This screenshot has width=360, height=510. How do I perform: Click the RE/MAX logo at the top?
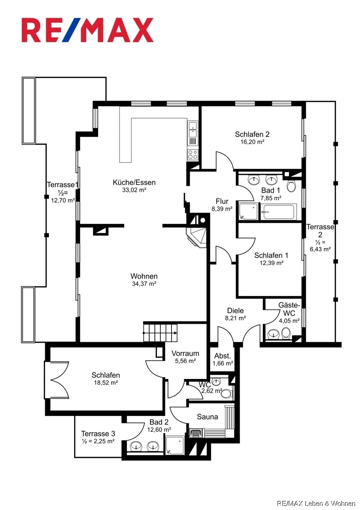coord(87,30)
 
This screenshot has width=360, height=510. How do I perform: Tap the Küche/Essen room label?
coord(134,183)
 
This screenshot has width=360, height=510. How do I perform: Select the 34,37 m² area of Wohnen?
coord(144,284)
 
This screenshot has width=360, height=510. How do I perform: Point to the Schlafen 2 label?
coord(252,134)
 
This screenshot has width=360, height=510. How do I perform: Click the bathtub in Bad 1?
coord(279,211)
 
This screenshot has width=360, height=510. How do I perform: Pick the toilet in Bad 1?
coord(291,186)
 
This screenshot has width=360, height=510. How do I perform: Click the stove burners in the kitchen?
coord(193,154)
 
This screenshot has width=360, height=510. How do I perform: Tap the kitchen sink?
coord(193,129)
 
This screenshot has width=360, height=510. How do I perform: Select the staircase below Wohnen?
coord(160,332)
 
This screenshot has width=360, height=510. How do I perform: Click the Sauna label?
coord(207,417)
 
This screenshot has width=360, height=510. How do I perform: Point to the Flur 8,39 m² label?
coord(222,205)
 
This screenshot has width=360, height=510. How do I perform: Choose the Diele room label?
coord(235,311)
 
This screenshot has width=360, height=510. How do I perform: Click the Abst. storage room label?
coord(223,356)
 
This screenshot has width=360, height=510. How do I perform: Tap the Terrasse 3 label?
coord(98,434)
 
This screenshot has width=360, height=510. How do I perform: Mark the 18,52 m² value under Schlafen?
coord(106,382)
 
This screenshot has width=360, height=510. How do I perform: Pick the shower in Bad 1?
coord(248,211)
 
